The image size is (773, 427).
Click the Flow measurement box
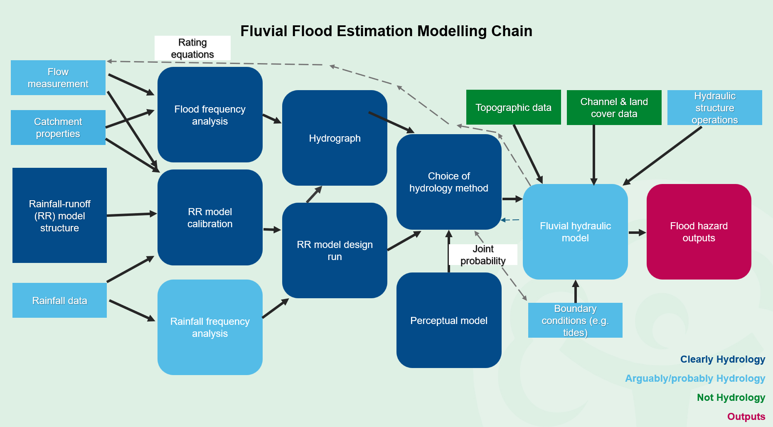click(x=58, y=78)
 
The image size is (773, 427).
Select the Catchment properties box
click(x=58, y=128)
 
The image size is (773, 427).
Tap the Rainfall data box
click(x=59, y=300)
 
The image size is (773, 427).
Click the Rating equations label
click(x=192, y=48)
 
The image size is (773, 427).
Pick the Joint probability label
click(x=483, y=255)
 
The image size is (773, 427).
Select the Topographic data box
click(x=513, y=107)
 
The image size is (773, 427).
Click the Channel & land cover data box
click(x=614, y=108)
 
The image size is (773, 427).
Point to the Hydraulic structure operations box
click(x=714, y=108)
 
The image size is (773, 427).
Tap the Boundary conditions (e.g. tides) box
click(x=575, y=320)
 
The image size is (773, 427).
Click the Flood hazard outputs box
click(x=699, y=232)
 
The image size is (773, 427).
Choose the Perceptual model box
click(x=449, y=320)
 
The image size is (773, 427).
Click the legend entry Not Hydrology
click(x=731, y=398)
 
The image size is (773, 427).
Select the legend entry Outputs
click(x=746, y=417)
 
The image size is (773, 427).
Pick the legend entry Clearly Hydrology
click(x=722, y=359)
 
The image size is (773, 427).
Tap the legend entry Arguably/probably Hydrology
click(x=695, y=378)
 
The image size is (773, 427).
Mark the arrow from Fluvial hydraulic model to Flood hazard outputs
click(x=637, y=233)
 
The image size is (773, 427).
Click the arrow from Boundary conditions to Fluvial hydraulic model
click(x=576, y=292)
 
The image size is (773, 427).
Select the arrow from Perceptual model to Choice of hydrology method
click(x=449, y=251)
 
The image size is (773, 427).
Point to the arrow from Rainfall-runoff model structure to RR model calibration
click(x=132, y=214)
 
